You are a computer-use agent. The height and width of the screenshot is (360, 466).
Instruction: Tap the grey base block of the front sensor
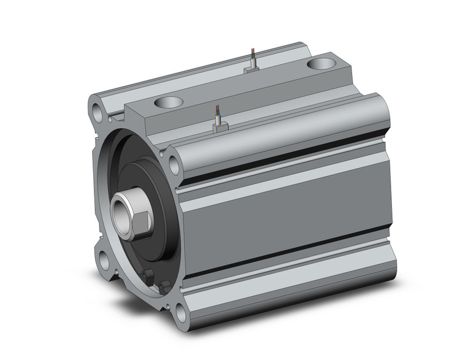(x=220, y=127)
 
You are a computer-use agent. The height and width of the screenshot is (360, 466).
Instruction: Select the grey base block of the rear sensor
(x=251, y=70)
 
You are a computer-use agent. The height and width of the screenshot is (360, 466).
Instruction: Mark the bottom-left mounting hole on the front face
(x=104, y=260)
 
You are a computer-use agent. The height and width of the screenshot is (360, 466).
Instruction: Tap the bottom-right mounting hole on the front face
(x=179, y=314)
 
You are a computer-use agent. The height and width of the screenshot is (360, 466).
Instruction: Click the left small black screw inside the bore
(x=145, y=274)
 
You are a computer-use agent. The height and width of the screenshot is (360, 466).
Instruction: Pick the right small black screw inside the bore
(x=164, y=284)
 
